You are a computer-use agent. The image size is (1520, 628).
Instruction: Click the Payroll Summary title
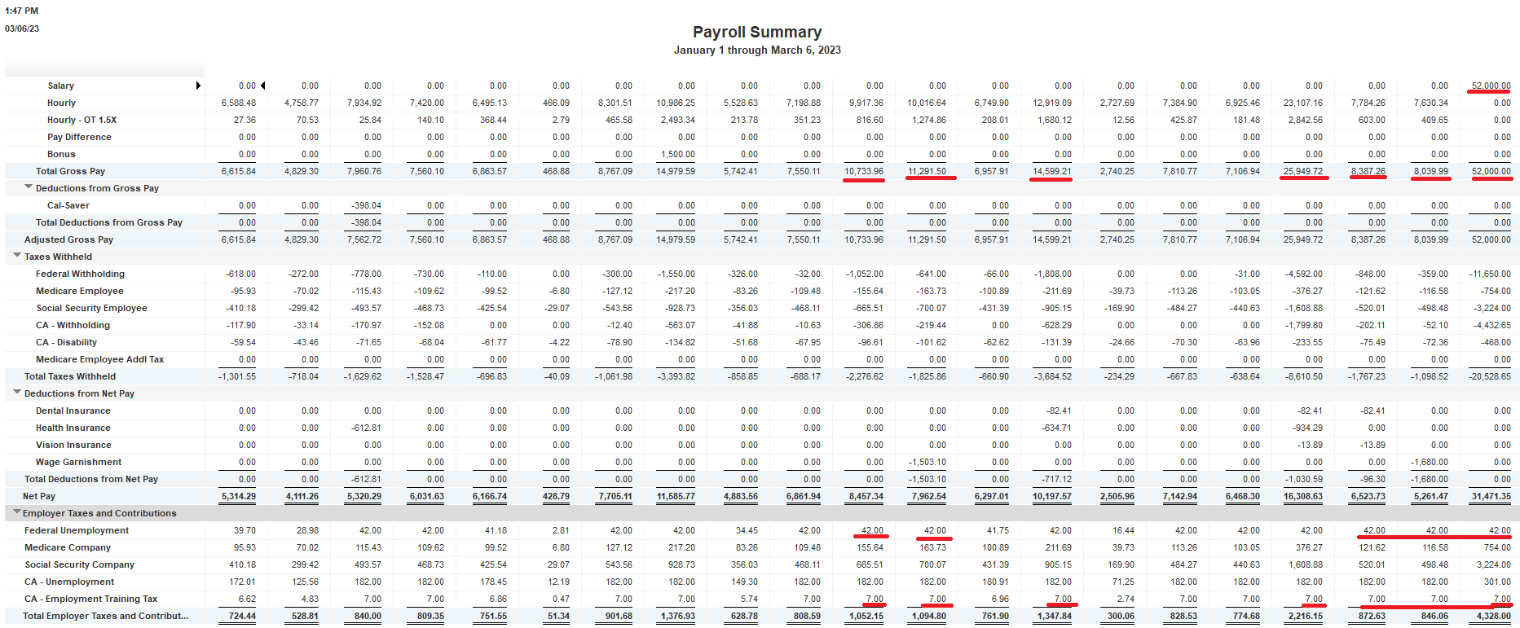[x=756, y=32]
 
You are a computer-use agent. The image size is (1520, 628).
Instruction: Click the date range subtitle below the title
[x=756, y=51]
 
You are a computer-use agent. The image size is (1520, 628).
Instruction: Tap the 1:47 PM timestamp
[x=22, y=11]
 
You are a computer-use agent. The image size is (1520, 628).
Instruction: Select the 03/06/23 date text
[x=22, y=29]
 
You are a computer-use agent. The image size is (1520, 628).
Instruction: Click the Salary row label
[x=60, y=86]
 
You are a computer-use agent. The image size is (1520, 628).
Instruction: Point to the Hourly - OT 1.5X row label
[x=82, y=120]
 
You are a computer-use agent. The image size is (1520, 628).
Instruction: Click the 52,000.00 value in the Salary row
[x=1491, y=86]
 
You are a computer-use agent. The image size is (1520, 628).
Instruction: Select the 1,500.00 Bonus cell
[x=678, y=154]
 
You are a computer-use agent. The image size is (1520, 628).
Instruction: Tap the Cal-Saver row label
[x=68, y=205]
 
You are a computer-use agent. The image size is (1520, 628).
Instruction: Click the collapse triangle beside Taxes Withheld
[x=17, y=256]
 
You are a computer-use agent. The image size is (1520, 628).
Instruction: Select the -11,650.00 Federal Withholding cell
[x=1490, y=274]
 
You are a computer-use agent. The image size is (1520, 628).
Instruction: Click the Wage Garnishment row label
[x=78, y=462]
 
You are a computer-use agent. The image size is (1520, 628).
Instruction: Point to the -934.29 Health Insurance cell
[x=1305, y=428]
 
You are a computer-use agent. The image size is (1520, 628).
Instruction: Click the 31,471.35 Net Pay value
[x=1491, y=496]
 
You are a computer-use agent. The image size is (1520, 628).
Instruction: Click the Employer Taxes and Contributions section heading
[x=99, y=513]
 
